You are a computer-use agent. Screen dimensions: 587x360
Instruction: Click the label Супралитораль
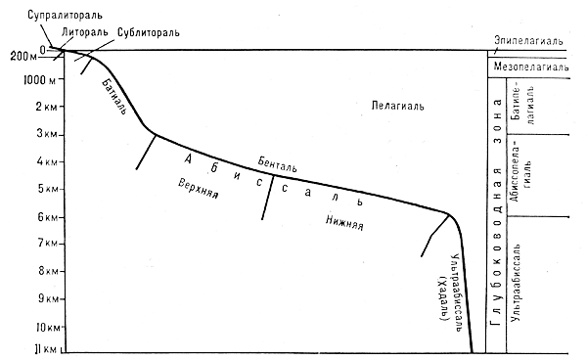coord(65,15)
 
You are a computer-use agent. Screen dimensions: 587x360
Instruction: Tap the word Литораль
coord(84,32)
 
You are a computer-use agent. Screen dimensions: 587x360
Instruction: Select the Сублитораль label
coord(149,32)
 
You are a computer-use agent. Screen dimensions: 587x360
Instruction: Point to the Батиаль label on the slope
coord(113,96)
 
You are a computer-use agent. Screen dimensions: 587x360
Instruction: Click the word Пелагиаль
coord(397,106)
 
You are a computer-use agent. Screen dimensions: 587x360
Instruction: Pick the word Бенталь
coord(278,164)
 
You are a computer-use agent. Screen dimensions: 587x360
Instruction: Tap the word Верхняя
coord(199,188)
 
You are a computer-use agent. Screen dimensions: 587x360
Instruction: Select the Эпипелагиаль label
coord(528,40)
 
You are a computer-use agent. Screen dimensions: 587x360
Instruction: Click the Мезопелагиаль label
coord(531,67)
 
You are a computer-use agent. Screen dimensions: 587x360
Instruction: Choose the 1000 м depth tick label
coord(39,79)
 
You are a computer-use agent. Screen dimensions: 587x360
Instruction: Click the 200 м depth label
coord(23,57)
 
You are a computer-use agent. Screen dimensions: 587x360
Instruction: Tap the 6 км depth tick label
coord(48,216)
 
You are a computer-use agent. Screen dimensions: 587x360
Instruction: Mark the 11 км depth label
coord(46,349)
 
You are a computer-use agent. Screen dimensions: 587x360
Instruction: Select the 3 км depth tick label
coord(47,133)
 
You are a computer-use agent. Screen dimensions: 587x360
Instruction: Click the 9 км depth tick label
coord(47,298)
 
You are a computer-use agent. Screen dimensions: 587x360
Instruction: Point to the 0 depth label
coord(42,49)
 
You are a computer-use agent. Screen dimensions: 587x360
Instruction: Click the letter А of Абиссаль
coord(188,159)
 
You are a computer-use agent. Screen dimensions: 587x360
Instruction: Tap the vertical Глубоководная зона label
coord(497,212)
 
